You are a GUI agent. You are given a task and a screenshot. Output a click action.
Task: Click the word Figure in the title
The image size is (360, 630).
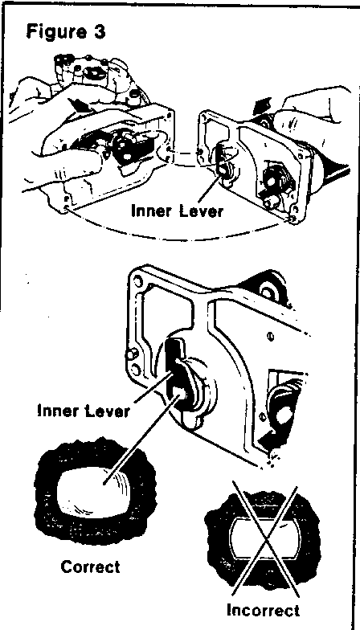pos(53,32)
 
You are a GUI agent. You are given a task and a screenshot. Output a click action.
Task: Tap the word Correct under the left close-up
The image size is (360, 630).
pos(90,567)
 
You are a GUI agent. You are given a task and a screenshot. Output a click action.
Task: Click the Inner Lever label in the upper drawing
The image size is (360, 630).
pos(177,211)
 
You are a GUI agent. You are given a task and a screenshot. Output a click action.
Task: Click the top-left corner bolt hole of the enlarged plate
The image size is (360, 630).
pos(140,279)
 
